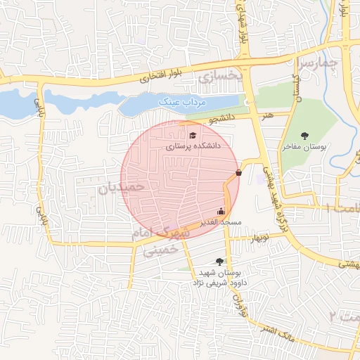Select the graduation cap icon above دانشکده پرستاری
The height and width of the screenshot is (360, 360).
pos(193,134)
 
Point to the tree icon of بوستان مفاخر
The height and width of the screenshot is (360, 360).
pos(304,135)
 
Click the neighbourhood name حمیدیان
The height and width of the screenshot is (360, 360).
pos(121,188)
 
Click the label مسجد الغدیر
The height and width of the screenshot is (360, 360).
pos(221,222)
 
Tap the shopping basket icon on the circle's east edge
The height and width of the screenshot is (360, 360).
pos(238,172)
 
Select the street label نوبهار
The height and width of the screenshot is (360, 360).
pos(257,239)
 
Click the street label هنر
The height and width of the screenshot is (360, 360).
pos(266,113)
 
